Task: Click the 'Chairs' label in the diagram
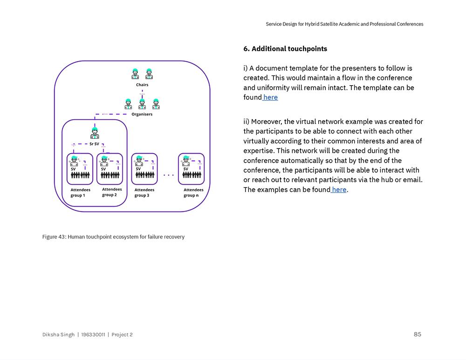142,85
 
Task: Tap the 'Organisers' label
142,114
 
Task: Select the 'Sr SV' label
94,144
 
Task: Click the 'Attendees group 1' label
80,192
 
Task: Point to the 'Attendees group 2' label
112,192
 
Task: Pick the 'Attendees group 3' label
144,192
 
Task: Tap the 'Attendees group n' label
193,192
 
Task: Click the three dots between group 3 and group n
168,176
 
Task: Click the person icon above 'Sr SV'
95,133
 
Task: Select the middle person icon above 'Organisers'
142,104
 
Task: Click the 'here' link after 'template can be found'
270,97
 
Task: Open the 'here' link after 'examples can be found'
339,190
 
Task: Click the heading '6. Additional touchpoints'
285,49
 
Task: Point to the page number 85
417,334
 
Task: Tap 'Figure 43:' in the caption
54,237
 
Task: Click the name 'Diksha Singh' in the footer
58,334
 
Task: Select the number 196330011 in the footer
93,334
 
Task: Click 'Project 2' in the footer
122,334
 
